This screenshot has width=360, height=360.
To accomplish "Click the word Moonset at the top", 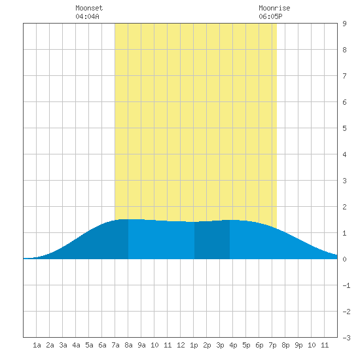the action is click(x=89, y=8).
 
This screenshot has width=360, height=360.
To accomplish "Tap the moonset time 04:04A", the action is click(x=87, y=16).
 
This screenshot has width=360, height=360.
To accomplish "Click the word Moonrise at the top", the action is click(x=274, y=8).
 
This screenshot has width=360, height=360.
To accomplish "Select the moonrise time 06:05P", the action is click(x=270, y=16).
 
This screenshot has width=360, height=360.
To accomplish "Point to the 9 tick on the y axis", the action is click(x=344, y=24).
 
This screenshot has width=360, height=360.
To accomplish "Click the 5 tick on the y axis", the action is click(x=344, y=128).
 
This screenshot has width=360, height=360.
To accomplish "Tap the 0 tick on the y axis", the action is click(x=344, y=259).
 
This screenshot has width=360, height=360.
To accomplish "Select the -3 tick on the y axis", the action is click(x=346, y=338).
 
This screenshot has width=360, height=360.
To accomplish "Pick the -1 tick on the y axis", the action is click(x=346, y=285).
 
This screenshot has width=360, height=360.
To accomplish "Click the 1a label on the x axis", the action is click(x=37, y=345).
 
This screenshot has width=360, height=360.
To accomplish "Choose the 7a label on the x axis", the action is click(x=115, y=345).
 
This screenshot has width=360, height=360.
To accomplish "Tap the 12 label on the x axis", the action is click(x=181, y=345).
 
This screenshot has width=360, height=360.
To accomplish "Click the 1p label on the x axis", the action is click(x=194, y=345).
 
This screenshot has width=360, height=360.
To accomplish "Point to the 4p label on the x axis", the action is click(x=233, y=345).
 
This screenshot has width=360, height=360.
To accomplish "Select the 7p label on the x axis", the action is click(x=272, y=345).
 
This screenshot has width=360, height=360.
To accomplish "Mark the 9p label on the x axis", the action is click(x=298, y=345).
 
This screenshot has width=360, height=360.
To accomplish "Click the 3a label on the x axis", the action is click(x=63, y=345).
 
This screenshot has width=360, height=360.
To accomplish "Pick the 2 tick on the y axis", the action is click(x=344, y=207).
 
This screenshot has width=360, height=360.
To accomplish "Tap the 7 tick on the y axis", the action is click(x=344, y=76).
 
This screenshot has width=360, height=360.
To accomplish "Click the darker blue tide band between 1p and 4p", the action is click(x=212, y=240).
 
